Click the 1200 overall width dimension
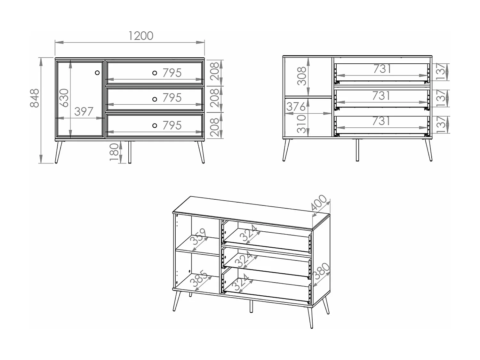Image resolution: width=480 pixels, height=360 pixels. [141, 36]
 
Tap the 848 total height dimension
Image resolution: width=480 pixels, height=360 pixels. [34, 98]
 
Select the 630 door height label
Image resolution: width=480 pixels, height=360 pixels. [64, 98]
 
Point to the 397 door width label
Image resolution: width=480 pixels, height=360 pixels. [84, 112]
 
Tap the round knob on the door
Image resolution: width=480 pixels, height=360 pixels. [97, 73]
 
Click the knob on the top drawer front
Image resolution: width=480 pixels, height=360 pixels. [155, 73]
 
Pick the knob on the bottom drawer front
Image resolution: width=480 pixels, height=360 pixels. [155, 125]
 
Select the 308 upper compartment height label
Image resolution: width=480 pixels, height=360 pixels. [302, 76]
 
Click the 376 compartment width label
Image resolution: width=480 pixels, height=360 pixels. [296, 107]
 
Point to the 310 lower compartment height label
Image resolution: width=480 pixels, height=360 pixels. [302, 124]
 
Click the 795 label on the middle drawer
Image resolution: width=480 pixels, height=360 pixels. [172, 98]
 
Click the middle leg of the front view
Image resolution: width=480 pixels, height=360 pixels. [130, 152]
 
